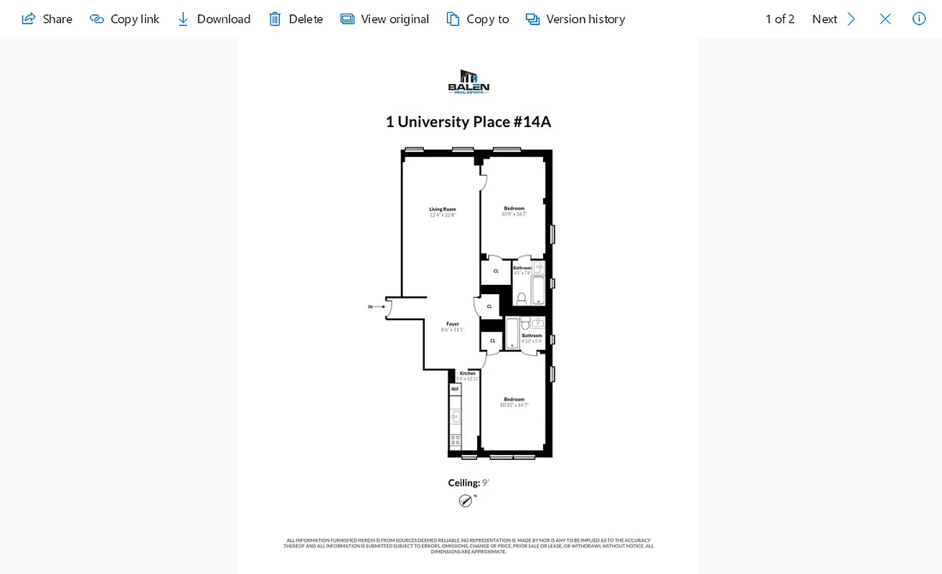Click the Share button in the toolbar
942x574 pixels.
(x=47, y=19)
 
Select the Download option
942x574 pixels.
(x=214, y=19)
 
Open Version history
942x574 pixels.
(x=575, y=19)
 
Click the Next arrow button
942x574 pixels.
(x=851, y=19)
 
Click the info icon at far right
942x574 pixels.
(x=919, y=19)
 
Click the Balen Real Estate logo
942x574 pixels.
(x=468, y=82)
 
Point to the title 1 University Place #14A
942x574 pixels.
(x=468, y=122)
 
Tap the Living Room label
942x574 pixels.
(x=443, y=210)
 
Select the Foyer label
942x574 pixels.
(x=453, y=324)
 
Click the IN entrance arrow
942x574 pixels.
(x=377, y=307)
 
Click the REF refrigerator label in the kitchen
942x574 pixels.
(x=455, y=389)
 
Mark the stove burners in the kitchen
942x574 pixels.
(x=455, y=441)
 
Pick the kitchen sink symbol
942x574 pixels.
(x=455, y=417)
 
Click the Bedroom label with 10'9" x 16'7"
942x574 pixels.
(x=514, y=209)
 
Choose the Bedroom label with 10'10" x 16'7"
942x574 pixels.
(x=514, y=400)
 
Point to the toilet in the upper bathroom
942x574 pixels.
(x=522, y=297)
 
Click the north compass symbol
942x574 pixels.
(x=466, y=501)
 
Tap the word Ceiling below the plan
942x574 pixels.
(x=463, y=483)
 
